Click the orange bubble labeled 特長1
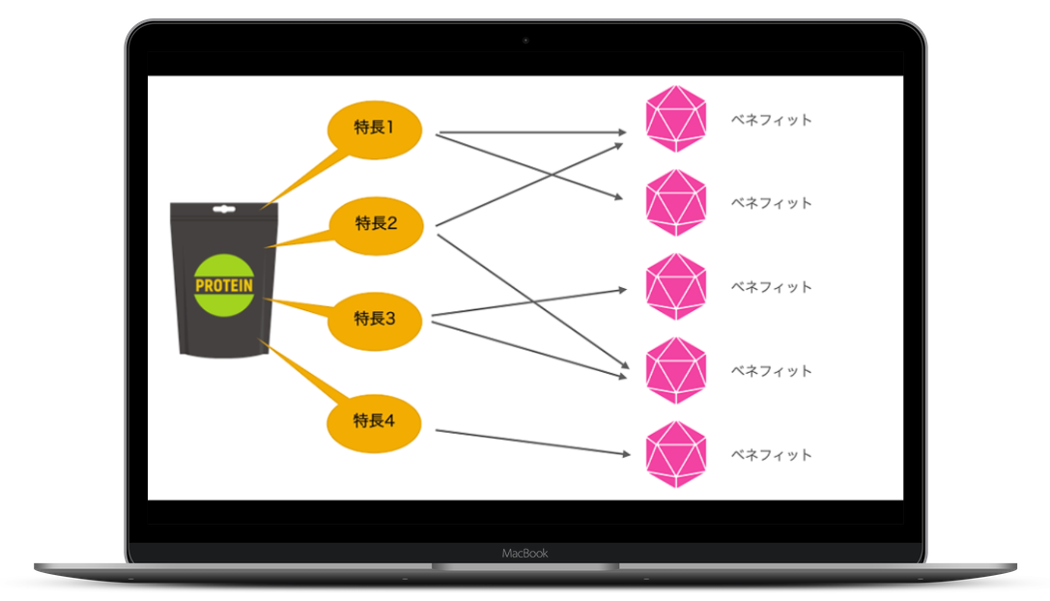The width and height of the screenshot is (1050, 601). tap(375, 130)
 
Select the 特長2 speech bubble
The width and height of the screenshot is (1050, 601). tap(376, 226)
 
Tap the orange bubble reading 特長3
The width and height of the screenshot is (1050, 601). tap(375, 322)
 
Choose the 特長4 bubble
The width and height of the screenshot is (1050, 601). tap(374, 423)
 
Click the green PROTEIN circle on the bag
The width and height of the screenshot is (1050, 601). tap(224, 285)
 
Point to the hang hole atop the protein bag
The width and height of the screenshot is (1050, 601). tap(224, 209)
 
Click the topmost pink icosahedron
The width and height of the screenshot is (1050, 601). tap(675, 119)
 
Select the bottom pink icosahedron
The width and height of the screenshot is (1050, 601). tap(675, 454)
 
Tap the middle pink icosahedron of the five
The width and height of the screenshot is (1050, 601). tap(675, 287)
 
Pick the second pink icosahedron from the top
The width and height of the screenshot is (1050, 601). tap(675, 202)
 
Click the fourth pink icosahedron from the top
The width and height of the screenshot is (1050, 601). tap(675, 370)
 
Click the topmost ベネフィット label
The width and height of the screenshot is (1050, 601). tap(771, 120)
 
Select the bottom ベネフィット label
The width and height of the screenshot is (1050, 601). tap(771, 455)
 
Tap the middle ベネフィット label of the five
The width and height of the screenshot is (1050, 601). tap(771, 287)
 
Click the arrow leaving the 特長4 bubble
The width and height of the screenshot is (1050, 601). tap(533, 443)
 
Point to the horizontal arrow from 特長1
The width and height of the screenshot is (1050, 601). tap(533, 132)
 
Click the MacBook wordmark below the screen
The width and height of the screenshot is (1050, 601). tap(525, 554)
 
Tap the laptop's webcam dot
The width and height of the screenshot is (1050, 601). tap(525, 41)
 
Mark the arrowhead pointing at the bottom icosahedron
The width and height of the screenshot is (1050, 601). tap(627, 454)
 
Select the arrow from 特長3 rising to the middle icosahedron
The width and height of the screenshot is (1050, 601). tap(529, 302)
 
